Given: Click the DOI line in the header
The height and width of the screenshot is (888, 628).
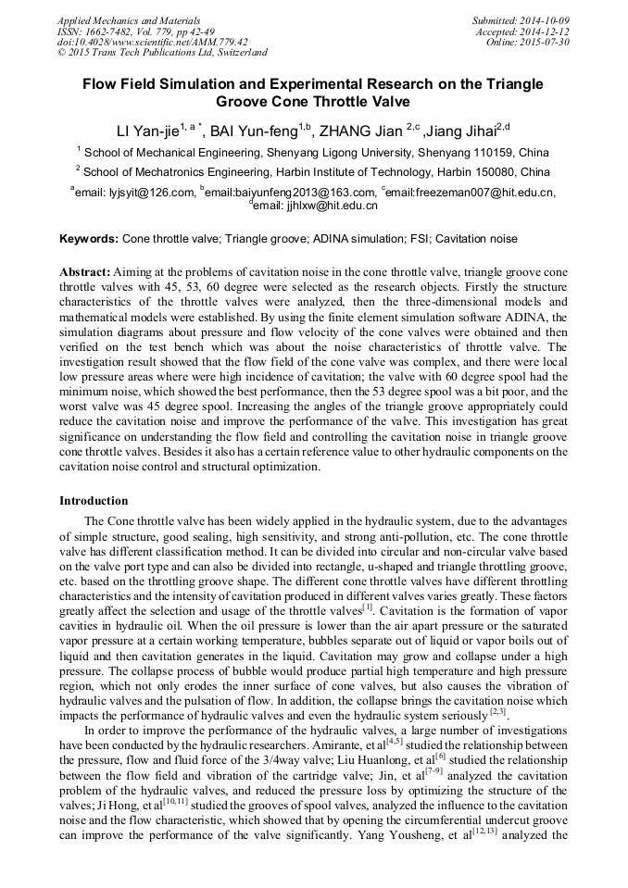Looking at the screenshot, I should tap(153, 43).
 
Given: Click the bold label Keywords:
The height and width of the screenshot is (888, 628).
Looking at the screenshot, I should tap(89, 239).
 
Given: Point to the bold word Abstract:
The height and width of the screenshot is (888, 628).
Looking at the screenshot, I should tap(84, 273).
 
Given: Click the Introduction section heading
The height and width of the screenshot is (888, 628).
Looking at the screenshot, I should tap(94, 501).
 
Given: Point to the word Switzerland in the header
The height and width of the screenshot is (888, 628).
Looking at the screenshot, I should tap(240, 54).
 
